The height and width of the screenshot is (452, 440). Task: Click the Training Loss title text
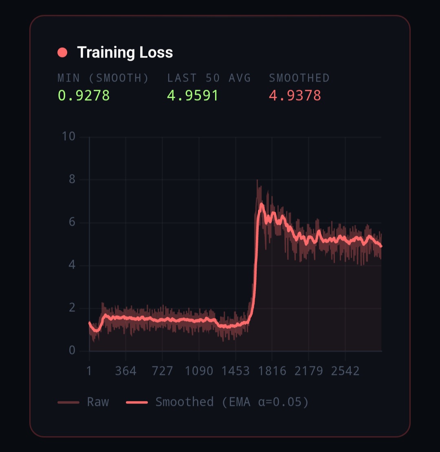point(125,53)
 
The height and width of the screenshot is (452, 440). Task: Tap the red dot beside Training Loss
point(62,53)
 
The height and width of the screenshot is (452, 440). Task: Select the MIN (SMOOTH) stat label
point(103,78)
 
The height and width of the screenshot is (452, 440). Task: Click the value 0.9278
point(84,95)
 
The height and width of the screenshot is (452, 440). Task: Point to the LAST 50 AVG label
point(209,78)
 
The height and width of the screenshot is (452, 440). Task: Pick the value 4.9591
point(193,95)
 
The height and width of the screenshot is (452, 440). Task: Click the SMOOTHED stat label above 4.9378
point(299,78)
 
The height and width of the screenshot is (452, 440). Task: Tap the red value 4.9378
point(295,95)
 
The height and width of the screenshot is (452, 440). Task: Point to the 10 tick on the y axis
point(68,137)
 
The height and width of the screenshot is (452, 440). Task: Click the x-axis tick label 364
point(125,371)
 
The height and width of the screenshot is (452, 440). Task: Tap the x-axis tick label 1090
point(199,371)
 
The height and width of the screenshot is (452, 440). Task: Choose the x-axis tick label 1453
point(235,371)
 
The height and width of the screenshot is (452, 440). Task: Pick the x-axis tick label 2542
point(345,371)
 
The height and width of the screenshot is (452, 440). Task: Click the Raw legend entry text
point(98,402)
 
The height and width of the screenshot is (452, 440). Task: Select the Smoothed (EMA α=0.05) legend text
point(232,402)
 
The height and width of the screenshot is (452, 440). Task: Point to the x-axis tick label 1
point(89,371)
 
